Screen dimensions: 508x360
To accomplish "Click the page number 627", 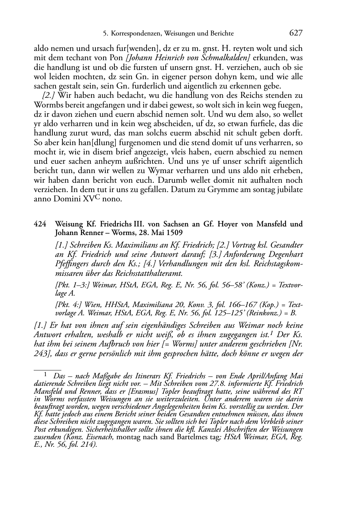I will [x=296, y=33].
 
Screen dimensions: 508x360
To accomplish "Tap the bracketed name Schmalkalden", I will [x=231, y=58].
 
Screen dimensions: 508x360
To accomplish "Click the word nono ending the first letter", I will [x=112, y=199].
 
